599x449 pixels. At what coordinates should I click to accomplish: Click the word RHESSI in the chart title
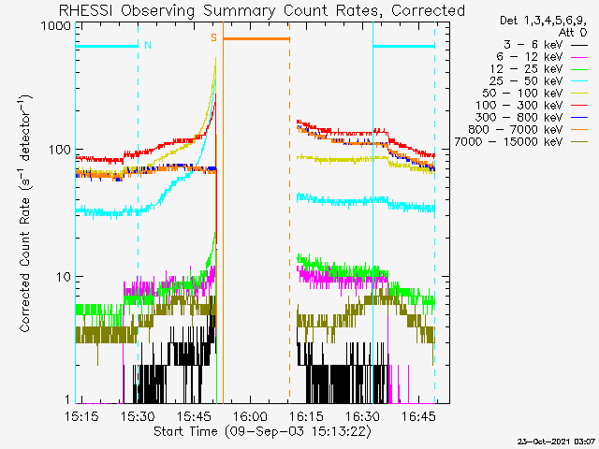pos(85,10)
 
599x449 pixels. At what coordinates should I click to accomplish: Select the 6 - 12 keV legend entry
pos(542,57)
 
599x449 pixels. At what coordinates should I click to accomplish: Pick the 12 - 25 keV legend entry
pos(539,69)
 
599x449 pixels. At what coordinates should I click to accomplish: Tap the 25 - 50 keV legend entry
pos(539,81)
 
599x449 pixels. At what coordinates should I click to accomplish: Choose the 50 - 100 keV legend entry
pos(535,94)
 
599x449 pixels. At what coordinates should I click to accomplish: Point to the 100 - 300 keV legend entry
pos(532,106)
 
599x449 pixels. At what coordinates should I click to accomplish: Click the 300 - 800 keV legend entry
pos(532,118)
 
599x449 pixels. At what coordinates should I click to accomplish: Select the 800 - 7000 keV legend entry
pos(528,130)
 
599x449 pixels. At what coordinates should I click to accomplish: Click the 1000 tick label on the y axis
pos(55,26)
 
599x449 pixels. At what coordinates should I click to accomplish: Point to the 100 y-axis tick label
pos(60,150)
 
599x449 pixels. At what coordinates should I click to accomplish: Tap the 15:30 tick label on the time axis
pos(138,416)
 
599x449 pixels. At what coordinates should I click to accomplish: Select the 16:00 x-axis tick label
pos(250,416)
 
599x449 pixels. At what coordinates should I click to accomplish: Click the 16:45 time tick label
pos(418,416)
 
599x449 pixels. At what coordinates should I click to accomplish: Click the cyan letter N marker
pos(148,45)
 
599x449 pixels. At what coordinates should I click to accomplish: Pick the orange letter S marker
pos(214,37)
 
